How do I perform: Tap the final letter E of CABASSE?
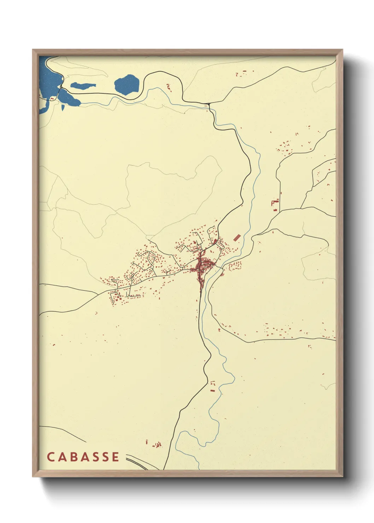click(x=116, y=457)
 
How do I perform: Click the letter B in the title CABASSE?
click(x=72, y=457)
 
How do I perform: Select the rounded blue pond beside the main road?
click(x=127, y=84)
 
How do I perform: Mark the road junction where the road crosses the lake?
click(x=61, y=87)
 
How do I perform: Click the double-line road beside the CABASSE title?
click(x=136, y=461)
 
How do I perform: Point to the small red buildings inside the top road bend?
click(x=169, y=87)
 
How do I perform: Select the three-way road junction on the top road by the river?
click(x=209, y=104)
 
